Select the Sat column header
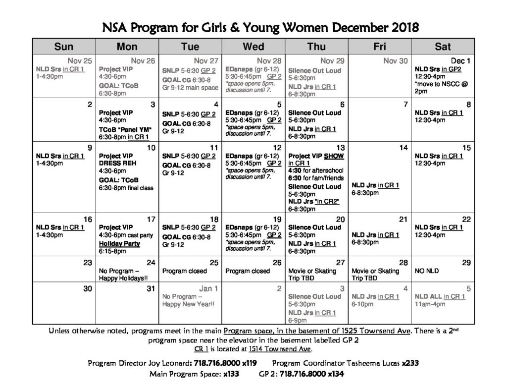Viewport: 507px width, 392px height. click(x=443, y=47)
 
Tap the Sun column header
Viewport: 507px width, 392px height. click(x=64, y=47)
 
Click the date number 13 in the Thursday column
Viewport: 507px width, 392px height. click(x=340, y=148)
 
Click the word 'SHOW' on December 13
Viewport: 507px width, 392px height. click(x=334, y=156)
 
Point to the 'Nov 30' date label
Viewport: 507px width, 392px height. click(x=397, y=61)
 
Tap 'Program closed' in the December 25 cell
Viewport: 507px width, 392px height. click(x=185, y=271)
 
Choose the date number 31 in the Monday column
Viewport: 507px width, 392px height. click(x=151, y=288)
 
